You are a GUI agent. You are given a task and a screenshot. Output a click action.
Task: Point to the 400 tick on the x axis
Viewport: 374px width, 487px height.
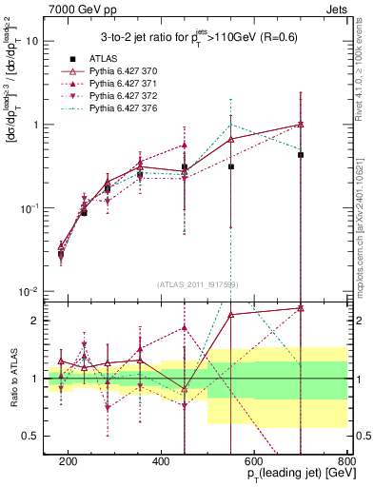161,460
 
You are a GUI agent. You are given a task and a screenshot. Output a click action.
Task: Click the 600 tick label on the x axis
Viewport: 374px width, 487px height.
254,460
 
